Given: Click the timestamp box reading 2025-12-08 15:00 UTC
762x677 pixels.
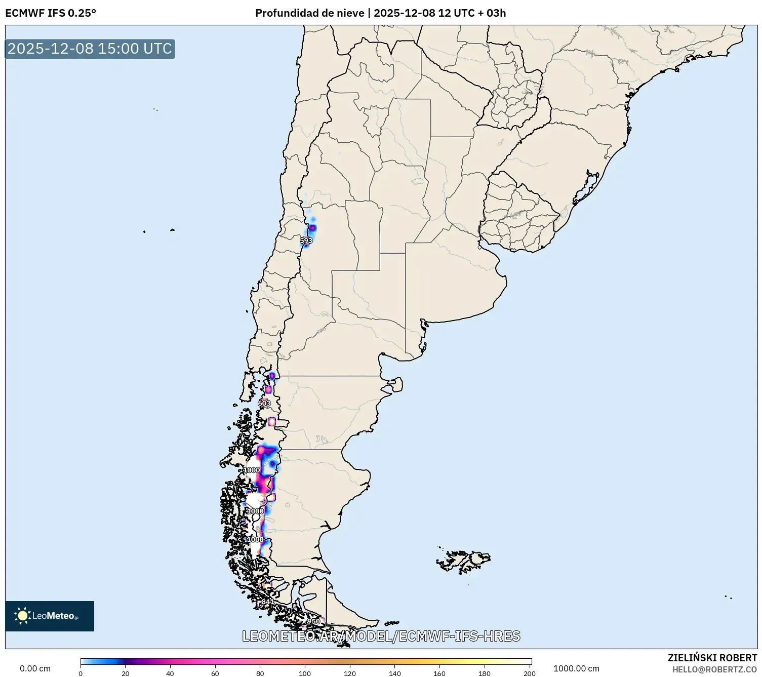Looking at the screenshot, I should point(90,49).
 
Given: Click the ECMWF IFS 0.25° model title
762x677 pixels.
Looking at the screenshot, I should point(51,13).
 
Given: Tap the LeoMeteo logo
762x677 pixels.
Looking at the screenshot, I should point(50,616).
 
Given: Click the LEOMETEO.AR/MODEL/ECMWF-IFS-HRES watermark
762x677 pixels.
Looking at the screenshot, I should point(381,636).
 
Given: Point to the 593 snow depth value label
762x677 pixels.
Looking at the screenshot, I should point(306,241).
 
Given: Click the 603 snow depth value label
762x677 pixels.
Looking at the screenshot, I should point(264,403).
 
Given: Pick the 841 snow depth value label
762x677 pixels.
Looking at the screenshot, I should point(267,602).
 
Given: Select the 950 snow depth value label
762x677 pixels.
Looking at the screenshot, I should point(313,621).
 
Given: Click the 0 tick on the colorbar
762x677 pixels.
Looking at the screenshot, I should point(81,673).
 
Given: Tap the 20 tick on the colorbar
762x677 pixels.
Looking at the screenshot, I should point(126,673).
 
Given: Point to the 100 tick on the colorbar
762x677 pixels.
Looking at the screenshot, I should point(305,673).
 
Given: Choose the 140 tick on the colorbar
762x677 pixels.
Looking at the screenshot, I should point(395,673).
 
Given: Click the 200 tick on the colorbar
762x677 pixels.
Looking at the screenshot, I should point(530,673).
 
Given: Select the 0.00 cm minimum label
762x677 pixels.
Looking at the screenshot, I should point(35,668).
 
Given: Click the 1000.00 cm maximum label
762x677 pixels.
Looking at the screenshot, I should point(576,668).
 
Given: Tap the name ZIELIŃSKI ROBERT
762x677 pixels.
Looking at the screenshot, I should point(712,658).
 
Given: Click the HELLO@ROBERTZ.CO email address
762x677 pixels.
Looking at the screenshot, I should point(714,669).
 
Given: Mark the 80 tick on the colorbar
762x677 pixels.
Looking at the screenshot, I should point(260,673).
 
